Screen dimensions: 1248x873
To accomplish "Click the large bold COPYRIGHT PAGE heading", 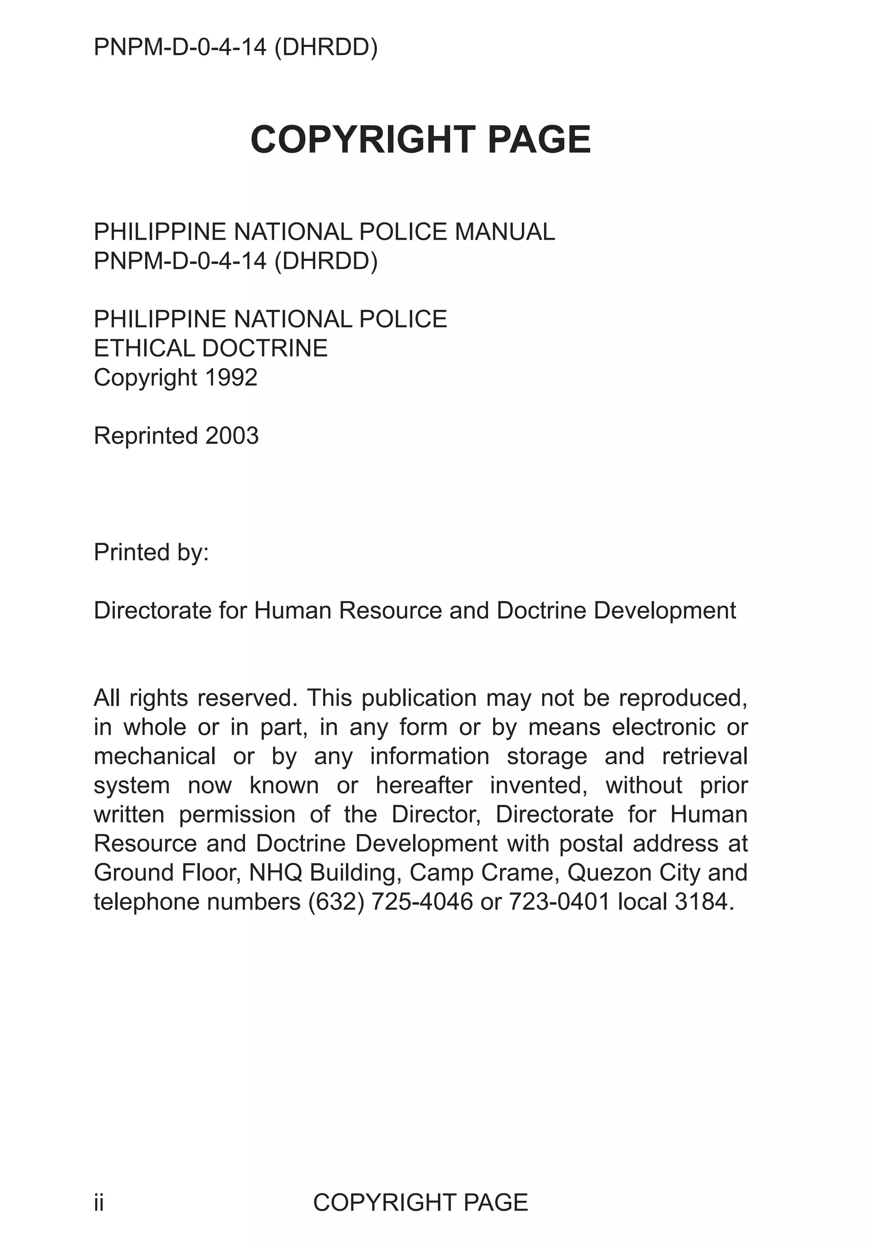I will pyautogui.click(x=420, y=140).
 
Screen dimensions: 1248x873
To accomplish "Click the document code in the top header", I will pyautogui.click(x=235, y=47).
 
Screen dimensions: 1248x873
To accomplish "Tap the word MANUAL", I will pyautogui.click(x=504, y=232).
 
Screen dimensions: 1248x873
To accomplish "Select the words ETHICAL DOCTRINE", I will pyautogui.click(x=211, y=348).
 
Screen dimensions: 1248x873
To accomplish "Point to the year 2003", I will pyautogui.click(x=232, y=435).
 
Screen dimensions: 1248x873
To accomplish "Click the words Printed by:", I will pyautogui.click(x=151, y=552).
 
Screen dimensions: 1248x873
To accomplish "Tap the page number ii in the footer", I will pyautogui.click(x=98, y=1202).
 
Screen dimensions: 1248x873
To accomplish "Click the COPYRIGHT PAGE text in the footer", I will pyautogui.click(x=420, y=1202).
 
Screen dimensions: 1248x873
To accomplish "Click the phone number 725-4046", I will pyautogui.click(x=422, y=902).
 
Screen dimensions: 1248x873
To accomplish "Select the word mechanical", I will pyautogui.click(x=155, y=756).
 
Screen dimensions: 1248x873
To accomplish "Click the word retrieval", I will pyautogui.click(x=705, y=756).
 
